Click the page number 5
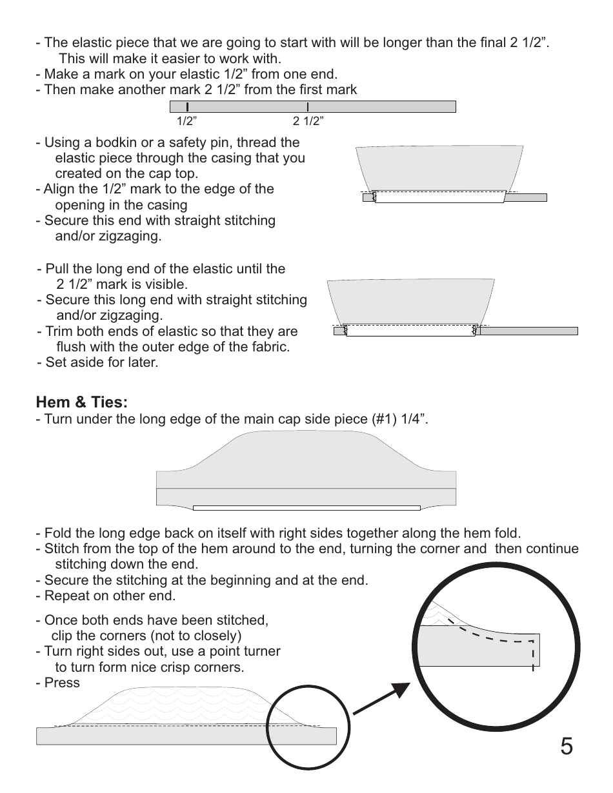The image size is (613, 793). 566,747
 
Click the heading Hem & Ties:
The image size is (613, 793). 82,402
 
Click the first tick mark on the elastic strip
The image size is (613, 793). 187,106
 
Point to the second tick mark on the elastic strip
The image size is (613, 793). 307,106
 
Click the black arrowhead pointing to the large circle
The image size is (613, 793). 401,692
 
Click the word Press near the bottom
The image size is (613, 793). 62,683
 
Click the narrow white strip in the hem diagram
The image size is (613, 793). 306,508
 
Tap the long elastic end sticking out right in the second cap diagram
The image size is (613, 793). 529,331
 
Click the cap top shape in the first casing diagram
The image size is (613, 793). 439,168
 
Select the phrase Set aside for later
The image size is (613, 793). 101,362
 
